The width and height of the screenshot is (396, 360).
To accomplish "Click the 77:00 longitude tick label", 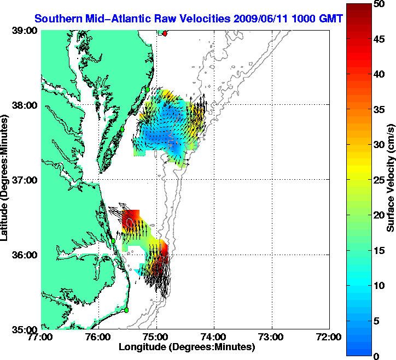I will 42,337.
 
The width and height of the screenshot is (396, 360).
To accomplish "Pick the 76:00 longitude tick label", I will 99,337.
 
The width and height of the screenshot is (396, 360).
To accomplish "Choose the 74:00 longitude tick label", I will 214,337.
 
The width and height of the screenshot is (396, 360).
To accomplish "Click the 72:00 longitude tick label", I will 330,337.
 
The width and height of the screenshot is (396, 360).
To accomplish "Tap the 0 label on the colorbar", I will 376,356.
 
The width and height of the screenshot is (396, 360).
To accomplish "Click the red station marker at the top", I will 165,33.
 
